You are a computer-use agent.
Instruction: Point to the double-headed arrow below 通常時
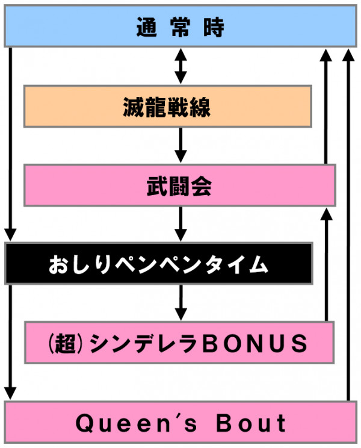179,66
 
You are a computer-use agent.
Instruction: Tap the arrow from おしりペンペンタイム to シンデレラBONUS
179,302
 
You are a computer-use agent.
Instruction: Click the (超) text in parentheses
64,343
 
